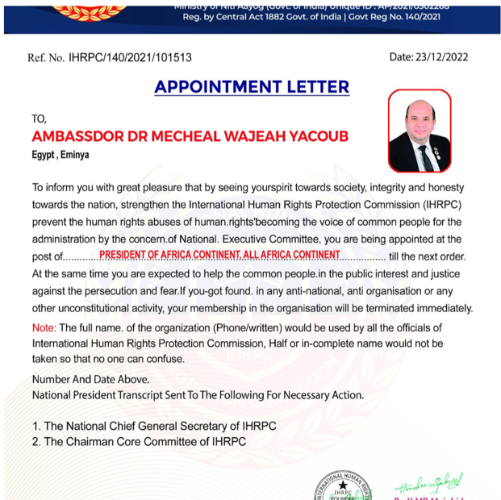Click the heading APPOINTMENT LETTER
[x=252, y=87]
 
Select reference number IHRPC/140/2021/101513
[x=130, y=57]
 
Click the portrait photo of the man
[x=420, y=130]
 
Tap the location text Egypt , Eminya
[x=61, y=154]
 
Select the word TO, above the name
[x=40, y=119]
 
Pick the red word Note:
[x=44, y=327]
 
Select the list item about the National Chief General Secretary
[x=154, y=426]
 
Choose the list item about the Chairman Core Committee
[x=139, y=441]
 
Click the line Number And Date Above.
[x=91, y=379]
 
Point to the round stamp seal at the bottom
[x=342, y=485]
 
